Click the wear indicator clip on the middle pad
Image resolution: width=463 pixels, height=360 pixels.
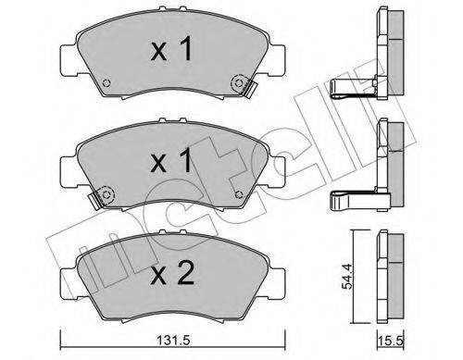[98, 198]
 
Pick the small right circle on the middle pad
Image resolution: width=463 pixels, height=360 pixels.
[240, 192]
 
